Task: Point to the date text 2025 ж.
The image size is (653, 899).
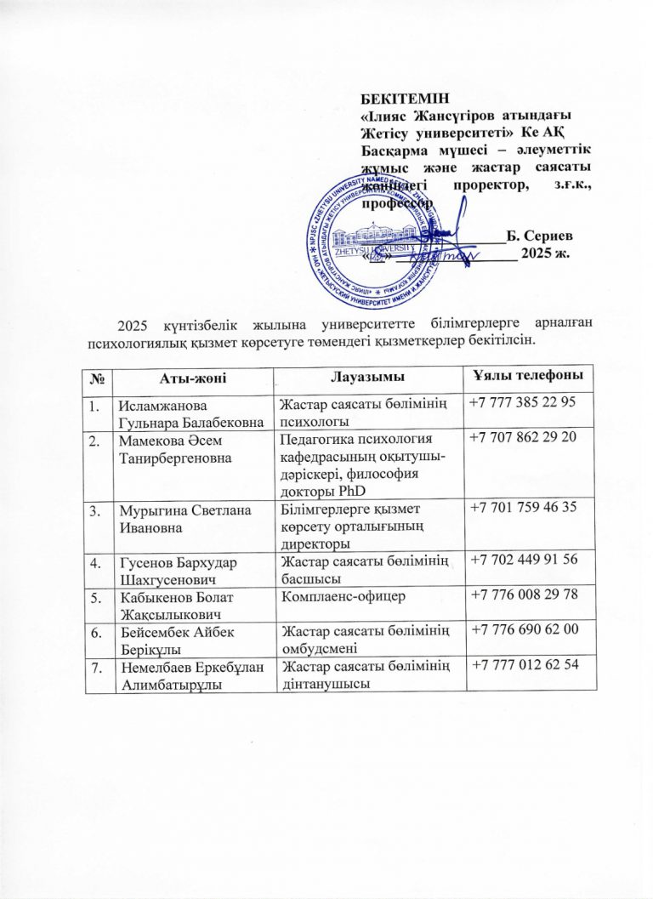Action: [545, 253]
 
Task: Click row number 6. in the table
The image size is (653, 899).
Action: [99, 629]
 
